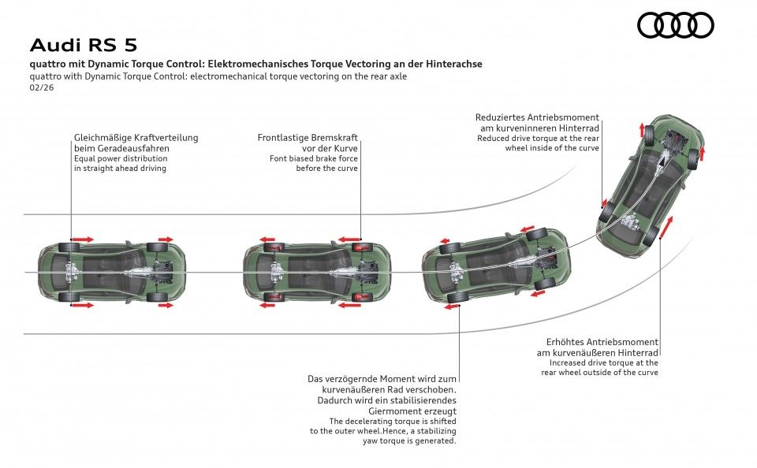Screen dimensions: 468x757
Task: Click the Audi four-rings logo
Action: click(x=675, y=25)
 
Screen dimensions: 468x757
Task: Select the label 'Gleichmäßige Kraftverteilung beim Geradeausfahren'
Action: click(x=136, y=143)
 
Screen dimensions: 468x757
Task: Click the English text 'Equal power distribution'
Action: click(x=119, y=158)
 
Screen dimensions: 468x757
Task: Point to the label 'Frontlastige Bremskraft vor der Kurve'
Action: click(x=308, y=143)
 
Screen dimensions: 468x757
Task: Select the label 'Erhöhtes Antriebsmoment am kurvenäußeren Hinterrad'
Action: click(x=602, y=347)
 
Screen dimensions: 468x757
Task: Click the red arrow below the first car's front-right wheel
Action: click(x=166, y=305)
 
